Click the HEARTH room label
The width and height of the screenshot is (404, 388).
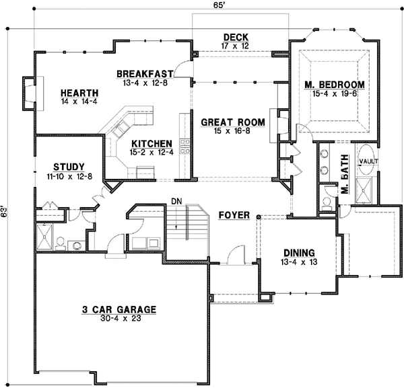click(79, 93)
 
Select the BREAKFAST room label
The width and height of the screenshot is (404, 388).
click(145, 73)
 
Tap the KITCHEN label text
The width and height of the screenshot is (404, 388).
click(151, 144)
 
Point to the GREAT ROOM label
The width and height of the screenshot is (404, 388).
click(233, 122)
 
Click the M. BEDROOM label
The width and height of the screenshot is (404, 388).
click(335, 84)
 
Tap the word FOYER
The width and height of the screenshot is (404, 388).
click(235, 215)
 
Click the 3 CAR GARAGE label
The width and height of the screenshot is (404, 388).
click(119, 309)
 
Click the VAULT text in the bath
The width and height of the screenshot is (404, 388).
click(368, 162)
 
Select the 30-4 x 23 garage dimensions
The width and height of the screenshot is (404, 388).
click(119, 319)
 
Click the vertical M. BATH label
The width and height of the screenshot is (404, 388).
click(344, 182)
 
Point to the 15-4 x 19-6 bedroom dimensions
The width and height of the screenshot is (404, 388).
click(335, 93)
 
